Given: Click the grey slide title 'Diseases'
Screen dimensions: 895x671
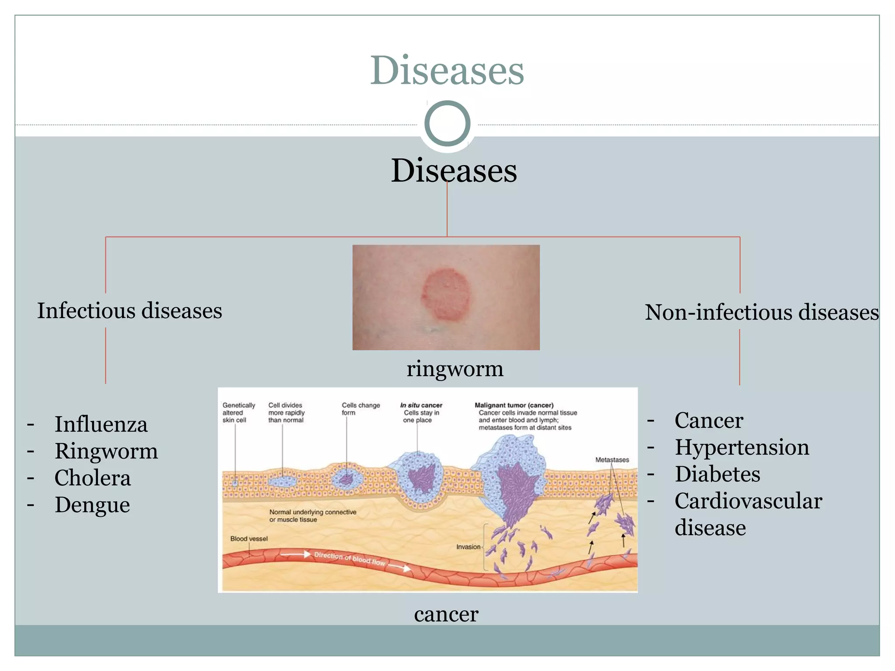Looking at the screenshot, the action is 447,71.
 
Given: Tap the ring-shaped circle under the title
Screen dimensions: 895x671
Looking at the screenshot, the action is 447,124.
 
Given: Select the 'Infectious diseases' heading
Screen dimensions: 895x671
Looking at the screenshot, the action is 129,311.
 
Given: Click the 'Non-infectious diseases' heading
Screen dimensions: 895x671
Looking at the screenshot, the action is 762,313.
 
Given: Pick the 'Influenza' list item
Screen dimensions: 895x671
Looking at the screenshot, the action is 101,425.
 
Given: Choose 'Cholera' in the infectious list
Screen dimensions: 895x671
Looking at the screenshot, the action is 93,478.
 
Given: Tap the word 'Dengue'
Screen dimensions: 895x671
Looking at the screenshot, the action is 92,505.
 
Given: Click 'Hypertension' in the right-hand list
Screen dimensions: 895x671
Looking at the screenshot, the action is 742,447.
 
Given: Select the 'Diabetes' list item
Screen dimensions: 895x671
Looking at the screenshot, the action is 717,474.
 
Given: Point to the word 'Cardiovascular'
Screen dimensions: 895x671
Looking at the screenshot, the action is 748,501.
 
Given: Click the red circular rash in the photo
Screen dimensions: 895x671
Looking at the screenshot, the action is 446,295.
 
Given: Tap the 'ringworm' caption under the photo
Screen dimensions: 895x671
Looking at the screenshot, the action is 455,369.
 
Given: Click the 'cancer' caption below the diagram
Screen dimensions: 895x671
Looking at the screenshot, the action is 446,614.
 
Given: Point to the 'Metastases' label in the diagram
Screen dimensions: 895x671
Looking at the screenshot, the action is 612,460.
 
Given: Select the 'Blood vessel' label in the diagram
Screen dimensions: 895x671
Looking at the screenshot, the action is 249,539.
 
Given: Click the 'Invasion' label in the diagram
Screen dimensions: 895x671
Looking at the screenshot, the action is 468,547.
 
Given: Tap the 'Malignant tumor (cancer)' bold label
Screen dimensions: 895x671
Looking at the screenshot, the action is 514,405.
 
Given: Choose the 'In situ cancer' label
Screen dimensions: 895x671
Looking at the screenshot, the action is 421,405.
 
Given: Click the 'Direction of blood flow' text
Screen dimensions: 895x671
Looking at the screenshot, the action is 350,559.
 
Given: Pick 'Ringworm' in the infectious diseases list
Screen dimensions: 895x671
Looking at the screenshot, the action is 106,451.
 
